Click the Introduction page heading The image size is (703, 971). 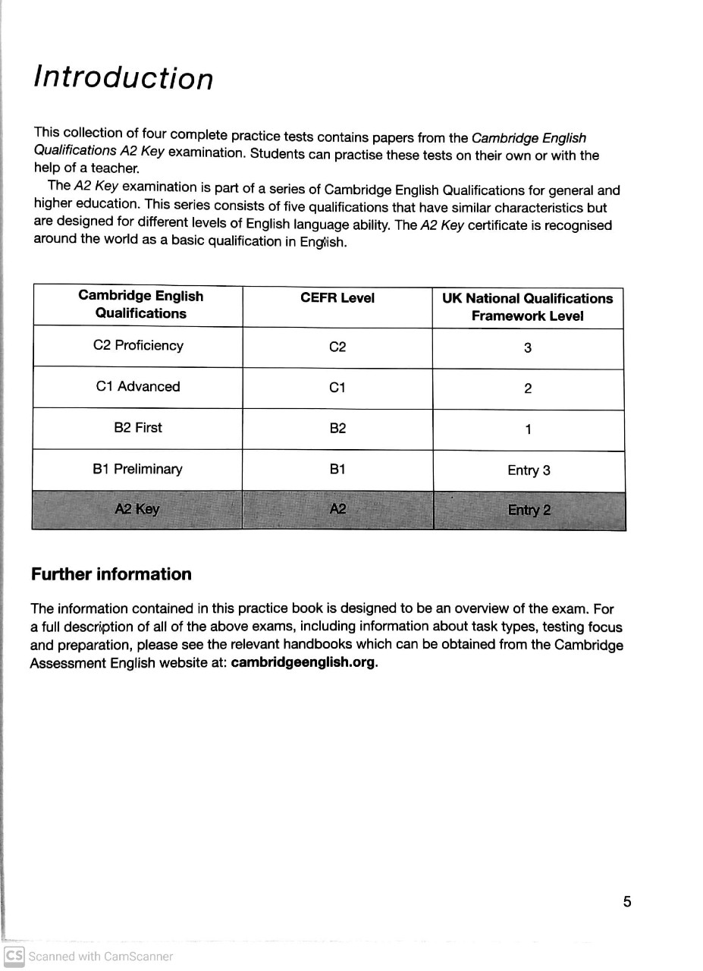tap(123, 78)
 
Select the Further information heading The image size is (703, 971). tap(111, 574)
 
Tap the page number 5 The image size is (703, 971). tap(626, 901)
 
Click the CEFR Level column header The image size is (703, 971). tap(337, 298)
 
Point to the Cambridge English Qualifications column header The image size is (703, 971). tap(140, 304)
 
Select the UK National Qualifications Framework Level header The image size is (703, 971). tap(528, 307)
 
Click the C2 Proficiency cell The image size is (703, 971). tap(138, 345)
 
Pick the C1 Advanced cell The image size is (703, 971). tap(138, 386)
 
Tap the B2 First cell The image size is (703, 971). tap(138, 427)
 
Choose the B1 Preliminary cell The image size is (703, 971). tap(138, 469)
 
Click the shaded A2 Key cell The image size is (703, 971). tap(137, 509)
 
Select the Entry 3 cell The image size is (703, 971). tap(529, 470)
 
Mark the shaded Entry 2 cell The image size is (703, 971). tap(529, 510)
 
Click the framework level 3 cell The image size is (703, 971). tap(528, 348)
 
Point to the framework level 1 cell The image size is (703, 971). tap(528, 430)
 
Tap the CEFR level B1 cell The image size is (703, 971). tap(337, 469)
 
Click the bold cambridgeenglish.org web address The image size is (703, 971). tap(303, 662)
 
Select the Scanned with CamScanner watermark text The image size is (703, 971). tap(101, 957)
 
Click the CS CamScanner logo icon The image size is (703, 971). tap(14, 956)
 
